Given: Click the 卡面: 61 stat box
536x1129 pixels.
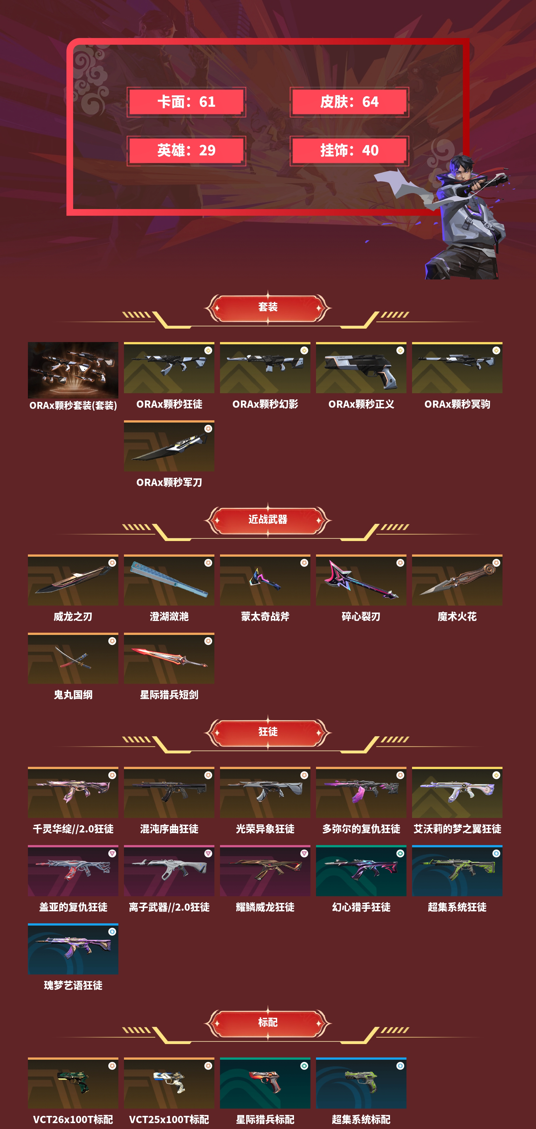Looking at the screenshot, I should (x=186, y=102).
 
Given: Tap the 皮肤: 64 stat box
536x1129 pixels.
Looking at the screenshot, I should (x=349, y=102).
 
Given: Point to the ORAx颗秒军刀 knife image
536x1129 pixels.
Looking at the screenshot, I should (x=169, y=447).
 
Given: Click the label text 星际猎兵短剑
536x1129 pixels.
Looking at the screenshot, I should (x=169, y=695).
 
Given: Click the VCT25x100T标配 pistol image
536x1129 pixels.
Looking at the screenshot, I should (x=169, y=1083).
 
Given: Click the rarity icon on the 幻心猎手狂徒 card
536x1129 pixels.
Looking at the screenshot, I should (x=400, y=853).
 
